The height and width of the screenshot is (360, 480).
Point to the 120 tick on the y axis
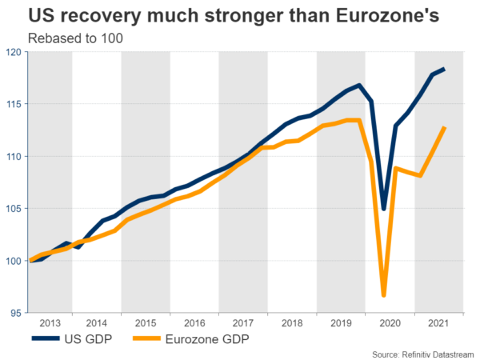[x=15, y=51]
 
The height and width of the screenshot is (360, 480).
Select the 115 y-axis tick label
[x=15, y=104]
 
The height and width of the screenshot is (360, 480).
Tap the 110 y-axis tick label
[x=15, y=156]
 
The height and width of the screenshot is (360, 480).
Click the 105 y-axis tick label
[x=15, y=208]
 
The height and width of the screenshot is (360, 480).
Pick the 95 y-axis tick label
[x=18, y=313]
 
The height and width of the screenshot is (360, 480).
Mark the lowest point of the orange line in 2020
[x=384, y=295]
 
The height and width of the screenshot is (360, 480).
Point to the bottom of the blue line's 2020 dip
[x=384, y=209]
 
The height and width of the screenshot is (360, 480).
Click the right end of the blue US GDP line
[x=445, y=70]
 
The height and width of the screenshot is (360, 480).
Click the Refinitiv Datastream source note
[x=423, y=353]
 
